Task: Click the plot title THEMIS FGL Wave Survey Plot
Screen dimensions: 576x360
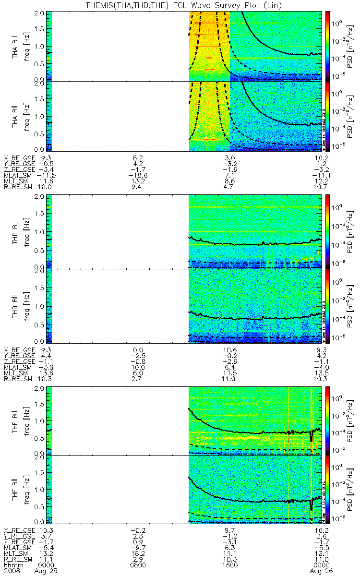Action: (180, 5)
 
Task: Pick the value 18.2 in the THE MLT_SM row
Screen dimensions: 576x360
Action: (138, 553)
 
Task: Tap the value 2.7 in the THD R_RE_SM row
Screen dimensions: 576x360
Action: (138, 379)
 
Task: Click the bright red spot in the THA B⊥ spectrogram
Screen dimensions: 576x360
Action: (209, 58)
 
